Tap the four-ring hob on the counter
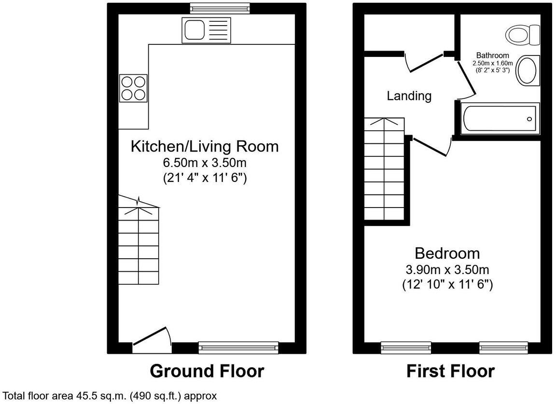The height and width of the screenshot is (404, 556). coord(133,88)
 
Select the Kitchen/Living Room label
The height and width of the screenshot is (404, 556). coord(205,146)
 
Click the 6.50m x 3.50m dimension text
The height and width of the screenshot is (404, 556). coord(205,162)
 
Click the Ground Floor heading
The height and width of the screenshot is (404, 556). coord(207,371)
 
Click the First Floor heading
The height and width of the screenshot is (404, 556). coord(450,371)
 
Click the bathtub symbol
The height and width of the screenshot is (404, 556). coord(499,119)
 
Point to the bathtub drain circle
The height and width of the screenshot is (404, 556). coord(529,119)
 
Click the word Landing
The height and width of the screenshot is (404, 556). coord(409,96)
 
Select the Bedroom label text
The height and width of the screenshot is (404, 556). coord(447,253)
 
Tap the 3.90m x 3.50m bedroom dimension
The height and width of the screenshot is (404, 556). coord(447,269)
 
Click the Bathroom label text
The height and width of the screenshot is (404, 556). coord(492,55)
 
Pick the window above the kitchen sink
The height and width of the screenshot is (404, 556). coord(220,8)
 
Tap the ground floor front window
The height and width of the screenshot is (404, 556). coord(238,347)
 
